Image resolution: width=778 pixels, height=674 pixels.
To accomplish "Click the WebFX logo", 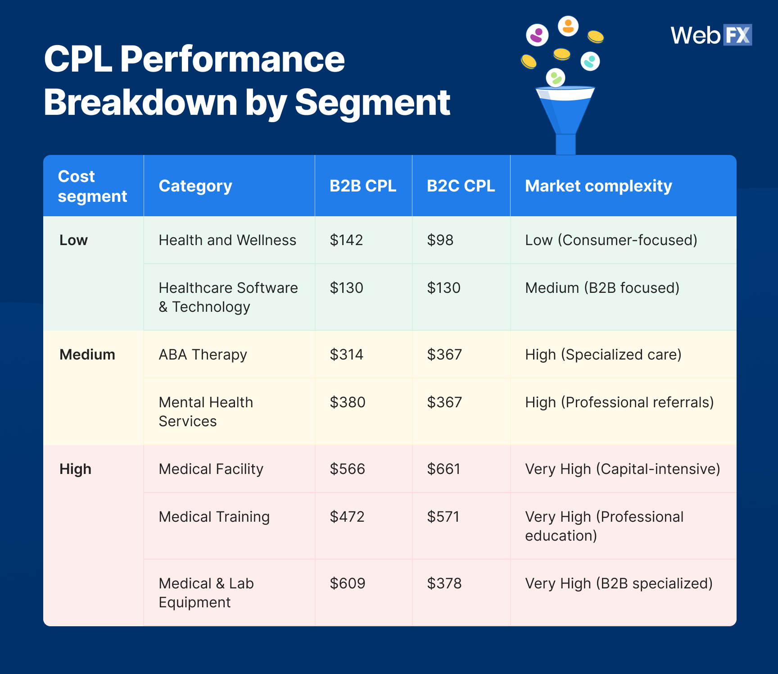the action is (711, 35).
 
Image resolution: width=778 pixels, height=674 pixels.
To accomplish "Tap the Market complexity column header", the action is (598, 186).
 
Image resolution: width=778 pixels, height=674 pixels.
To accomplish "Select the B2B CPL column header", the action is (363, 186).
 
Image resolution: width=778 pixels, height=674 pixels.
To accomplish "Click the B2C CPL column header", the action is (461, 186).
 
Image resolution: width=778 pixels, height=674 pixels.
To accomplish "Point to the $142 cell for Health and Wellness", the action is (346, 240).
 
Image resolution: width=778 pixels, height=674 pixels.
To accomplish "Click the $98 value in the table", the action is (440, 240).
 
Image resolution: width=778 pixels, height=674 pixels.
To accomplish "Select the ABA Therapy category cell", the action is (203, 355).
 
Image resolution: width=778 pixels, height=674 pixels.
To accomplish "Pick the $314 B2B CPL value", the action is (346, 355).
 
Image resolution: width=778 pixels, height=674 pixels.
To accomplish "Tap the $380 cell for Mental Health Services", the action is (347, 402).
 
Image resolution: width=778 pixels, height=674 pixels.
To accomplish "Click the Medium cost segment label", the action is (87, 355).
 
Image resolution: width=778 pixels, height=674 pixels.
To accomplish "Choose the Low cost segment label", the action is (73, 240).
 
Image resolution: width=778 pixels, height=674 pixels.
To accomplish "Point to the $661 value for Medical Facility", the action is (443, 469).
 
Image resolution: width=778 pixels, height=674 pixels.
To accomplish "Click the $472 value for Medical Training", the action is (347, 517).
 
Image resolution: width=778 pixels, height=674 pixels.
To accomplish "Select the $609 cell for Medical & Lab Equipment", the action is (347, 583).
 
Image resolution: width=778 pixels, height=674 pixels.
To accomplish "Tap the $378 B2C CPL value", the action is (444, 583).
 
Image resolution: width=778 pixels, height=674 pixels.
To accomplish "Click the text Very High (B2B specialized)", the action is (619, 584).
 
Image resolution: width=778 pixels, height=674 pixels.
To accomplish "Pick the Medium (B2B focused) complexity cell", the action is (602, 288).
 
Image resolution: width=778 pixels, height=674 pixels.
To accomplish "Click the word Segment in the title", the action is (372, 103).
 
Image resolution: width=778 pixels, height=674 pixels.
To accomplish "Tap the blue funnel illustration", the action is (565, 120).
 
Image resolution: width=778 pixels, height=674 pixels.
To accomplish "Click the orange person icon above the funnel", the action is (568, 26).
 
